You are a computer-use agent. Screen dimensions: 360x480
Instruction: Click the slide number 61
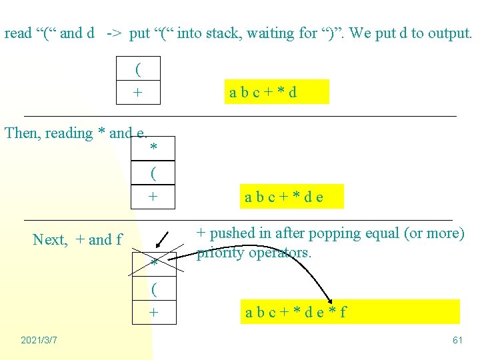[x=457, y=340]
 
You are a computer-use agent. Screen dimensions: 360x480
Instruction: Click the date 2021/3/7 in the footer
[x=39, y=340]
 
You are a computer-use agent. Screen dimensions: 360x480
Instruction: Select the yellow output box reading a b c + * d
[x=278, y=92]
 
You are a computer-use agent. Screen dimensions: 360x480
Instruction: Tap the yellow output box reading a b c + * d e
[x=293, y=197]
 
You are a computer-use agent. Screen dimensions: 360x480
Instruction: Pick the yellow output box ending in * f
[x=351, y=311]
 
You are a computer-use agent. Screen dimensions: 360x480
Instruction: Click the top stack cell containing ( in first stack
[x=138, y=69]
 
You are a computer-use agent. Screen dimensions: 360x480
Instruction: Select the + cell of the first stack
[x=138, y=92]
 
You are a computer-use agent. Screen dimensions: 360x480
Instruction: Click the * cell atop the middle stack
[x=154, y=147]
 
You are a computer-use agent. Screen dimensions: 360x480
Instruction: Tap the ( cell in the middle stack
[x=154, y=173]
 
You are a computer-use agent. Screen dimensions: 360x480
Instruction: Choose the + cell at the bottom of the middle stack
[x=154, y=197]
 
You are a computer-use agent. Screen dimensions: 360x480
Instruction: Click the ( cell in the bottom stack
[x=154, y=289]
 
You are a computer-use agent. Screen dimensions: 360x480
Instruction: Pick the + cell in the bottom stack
[x=154, y=312]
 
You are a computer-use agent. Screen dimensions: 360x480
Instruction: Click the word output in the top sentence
[x=449, y=33]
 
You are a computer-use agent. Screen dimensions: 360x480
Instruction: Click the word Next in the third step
[x=49, y=239]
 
